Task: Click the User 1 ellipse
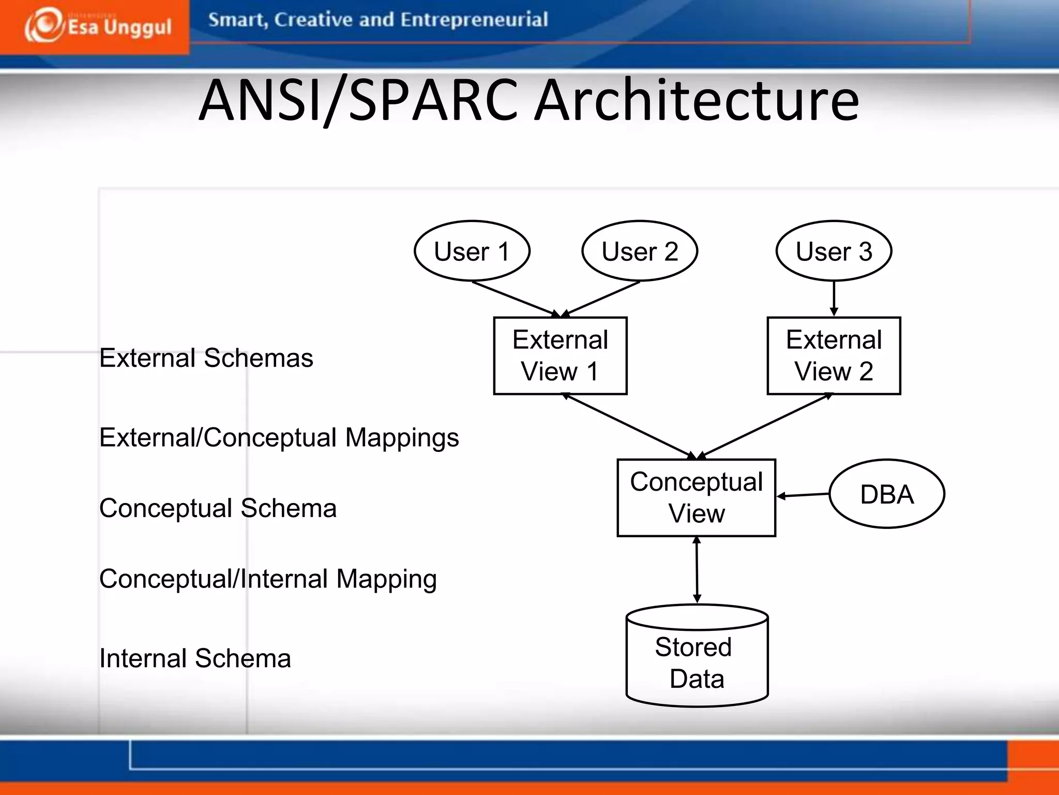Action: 472,252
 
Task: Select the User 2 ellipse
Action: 640,252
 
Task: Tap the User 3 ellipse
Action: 834,252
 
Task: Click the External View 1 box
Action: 560,356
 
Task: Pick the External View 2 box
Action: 834,356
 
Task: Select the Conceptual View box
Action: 696,498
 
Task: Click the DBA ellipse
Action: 887,494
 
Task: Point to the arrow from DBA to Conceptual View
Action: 803,495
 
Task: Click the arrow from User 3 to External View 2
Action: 834,298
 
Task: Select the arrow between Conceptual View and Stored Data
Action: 697,569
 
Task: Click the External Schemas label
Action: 206,358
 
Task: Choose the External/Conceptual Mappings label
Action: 279,438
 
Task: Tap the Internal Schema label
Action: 195,659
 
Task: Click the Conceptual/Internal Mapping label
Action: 268,579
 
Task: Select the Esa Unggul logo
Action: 97,26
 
